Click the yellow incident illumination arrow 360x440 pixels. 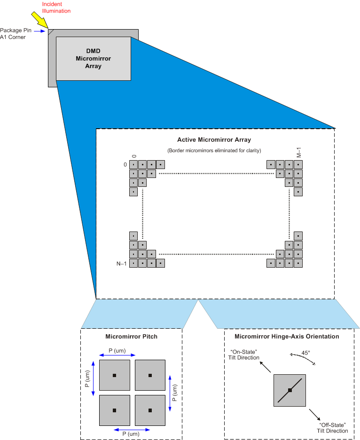click(x=39, y=21)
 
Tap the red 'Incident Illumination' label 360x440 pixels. click(x=56, y=8)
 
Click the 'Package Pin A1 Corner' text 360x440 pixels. click(x=13, y=34)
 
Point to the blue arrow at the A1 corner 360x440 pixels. click(x=41, y=31)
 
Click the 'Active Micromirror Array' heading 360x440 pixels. click(x=214, y=139)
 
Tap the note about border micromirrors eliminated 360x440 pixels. click(x=214, y=150)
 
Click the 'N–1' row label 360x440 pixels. click(x=122, y=263)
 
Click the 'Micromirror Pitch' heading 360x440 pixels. click(x=131, y=337)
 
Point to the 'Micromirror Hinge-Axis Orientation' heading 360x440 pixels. click(x=287, y=336)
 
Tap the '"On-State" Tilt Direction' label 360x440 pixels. click(x=244, y=355)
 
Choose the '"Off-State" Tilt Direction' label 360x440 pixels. click(x=333, y=427)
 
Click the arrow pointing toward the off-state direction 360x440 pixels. click(x=315, y=415)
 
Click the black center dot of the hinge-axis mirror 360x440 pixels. click(x=290, y=390)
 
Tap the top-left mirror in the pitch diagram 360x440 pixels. click(x=114, y=375)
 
